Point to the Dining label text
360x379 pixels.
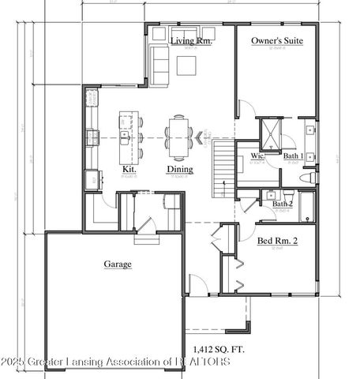pos(178,169)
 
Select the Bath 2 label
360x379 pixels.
pos(282,205)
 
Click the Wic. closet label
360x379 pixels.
pos(257,157)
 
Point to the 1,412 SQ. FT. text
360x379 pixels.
pos(219,347)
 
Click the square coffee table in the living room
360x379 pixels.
pos(186,66)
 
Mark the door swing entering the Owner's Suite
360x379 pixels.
pos(245,111)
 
